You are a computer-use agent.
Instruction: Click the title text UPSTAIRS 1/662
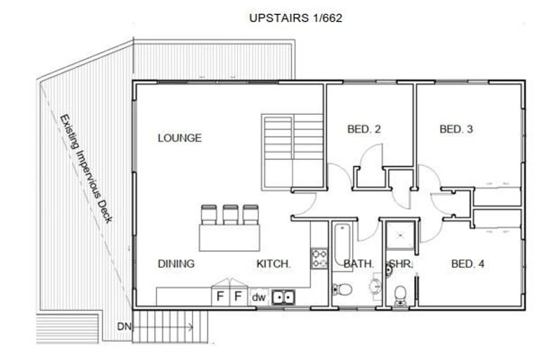pos(295,18)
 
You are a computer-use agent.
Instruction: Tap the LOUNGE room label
pos(179,138)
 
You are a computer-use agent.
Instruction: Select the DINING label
pos(176,264)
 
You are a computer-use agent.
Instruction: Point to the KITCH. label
pos(273,264)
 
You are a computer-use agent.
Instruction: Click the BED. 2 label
pos(364,129)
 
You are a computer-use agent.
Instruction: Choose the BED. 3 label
pos(456,129)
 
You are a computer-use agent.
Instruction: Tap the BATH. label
pos(358,264)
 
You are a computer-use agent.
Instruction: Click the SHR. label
pos(400,264)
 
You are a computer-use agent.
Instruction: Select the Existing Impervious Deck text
pos(86,169)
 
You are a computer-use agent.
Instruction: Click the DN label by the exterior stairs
pos(124,326)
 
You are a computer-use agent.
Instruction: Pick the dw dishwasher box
pos(258,297)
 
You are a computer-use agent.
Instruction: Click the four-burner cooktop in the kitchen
pos(319,257)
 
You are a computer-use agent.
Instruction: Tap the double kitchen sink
pos(283,297)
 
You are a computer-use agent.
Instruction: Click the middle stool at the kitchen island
pos(230,214)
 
